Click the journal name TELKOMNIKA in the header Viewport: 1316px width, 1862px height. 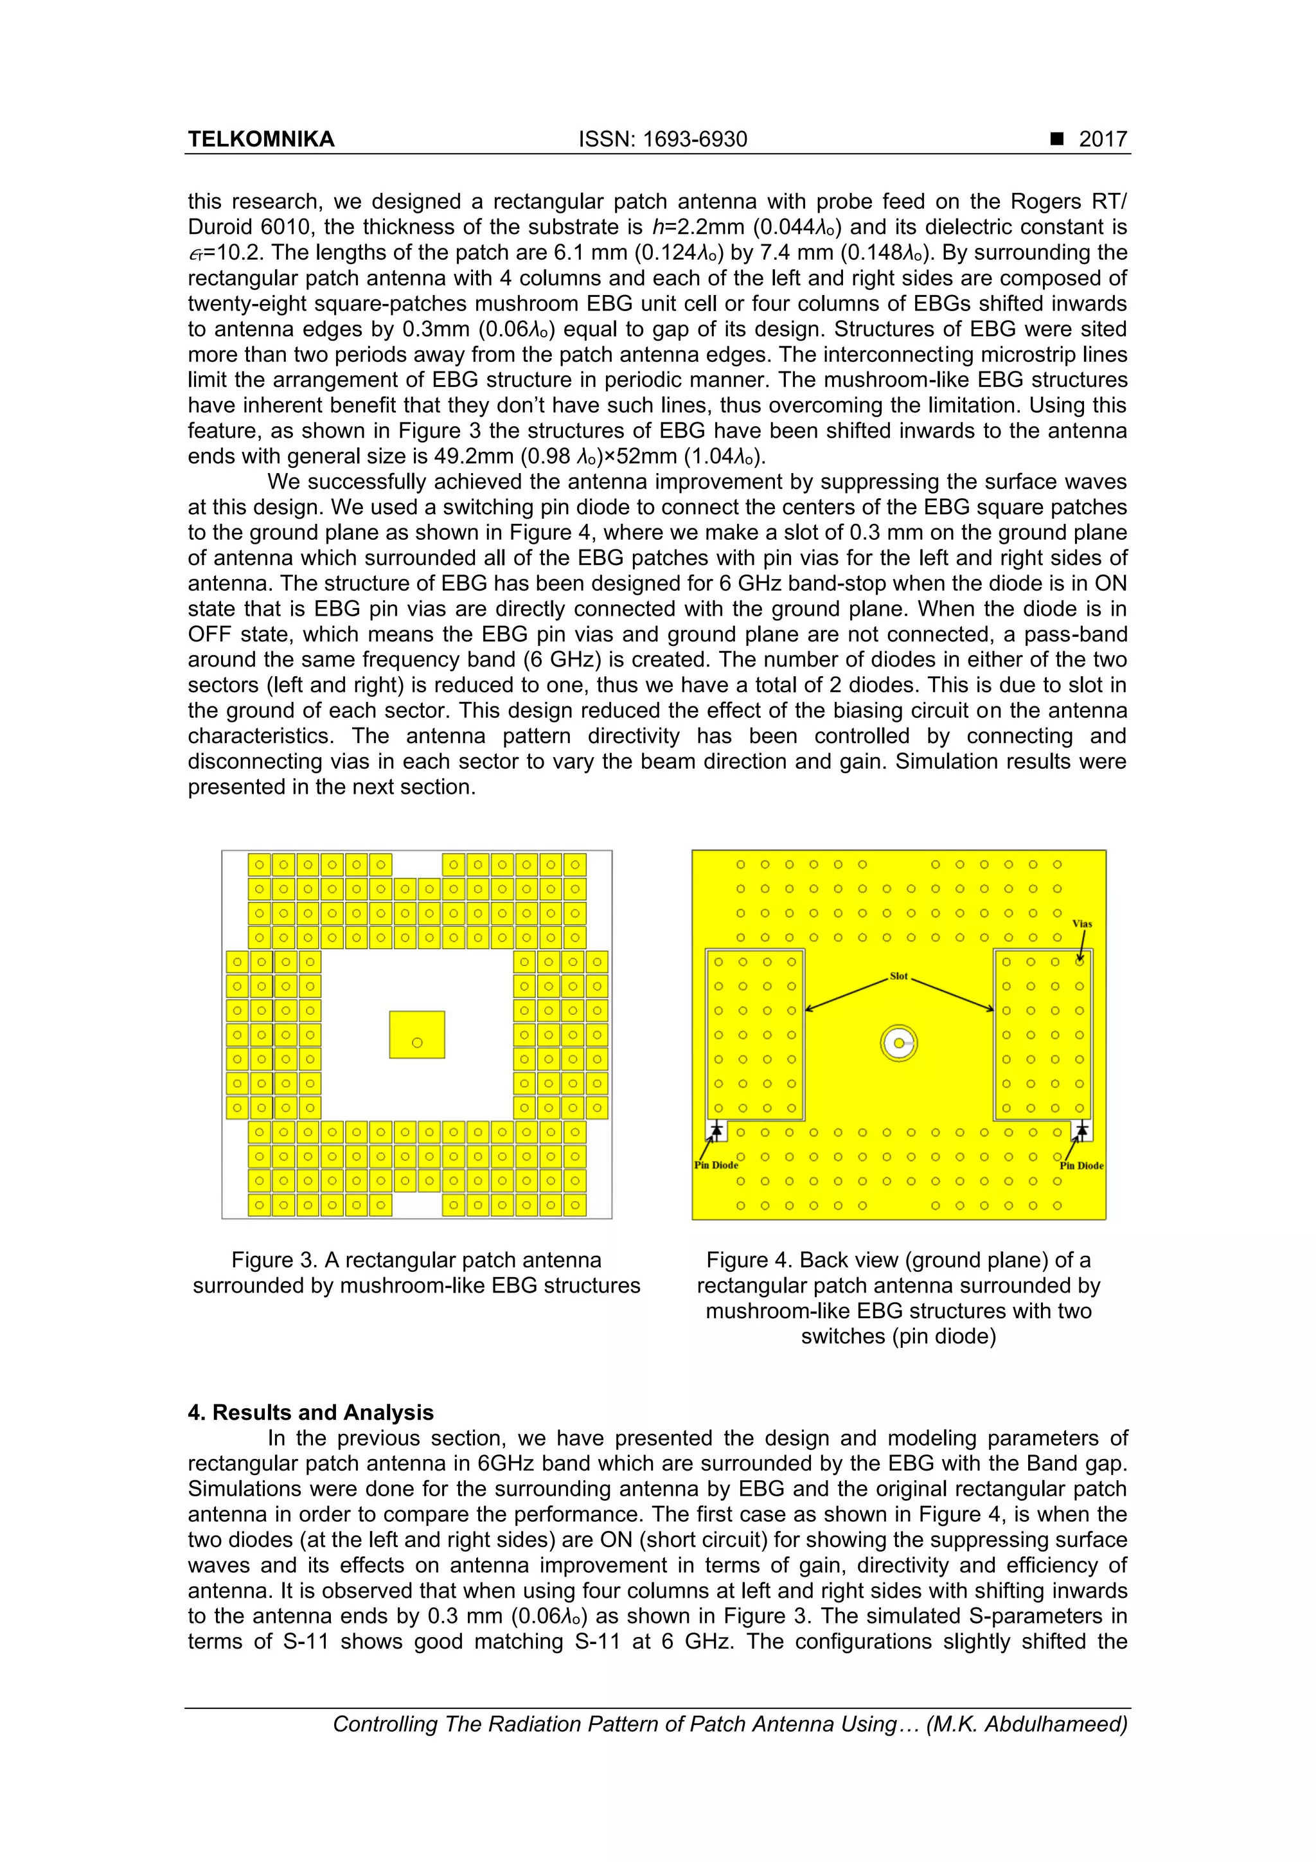coord(261,139)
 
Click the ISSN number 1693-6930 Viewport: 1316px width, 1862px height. coord(694,139)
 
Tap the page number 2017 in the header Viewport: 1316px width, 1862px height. coord(1103,139)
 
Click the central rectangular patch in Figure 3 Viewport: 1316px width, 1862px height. coord(417,1034)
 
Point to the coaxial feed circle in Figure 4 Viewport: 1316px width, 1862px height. coord(898,1043)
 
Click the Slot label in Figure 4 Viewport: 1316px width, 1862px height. coord(898,976)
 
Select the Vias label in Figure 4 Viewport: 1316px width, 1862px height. coord(1081,924)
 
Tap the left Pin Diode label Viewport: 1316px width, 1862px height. coord(716,1165)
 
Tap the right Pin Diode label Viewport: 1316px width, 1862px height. coord(1081,1165)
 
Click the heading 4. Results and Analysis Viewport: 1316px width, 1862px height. coord(310,1412)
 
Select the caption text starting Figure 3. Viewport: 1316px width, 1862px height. coord(416,1273)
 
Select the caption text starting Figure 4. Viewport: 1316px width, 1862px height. coord(898,1298)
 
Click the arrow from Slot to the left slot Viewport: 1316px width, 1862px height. coord(848,994)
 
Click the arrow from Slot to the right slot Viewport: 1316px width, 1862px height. coord(953,994)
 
